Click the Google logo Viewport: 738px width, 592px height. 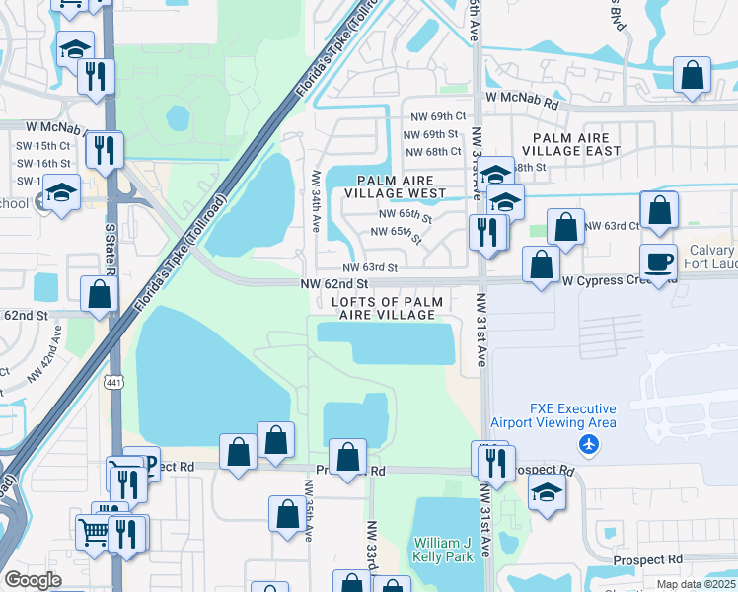pos(33,580)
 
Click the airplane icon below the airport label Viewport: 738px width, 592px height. pos(590,444)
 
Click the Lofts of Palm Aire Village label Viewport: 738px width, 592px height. pos(387,308)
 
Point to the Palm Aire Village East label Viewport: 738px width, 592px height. pos(576,145)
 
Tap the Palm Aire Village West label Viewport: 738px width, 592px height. pos(402,187)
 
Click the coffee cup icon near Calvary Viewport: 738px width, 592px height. pos(659,261)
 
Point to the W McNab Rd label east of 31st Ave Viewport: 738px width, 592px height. pos(522,102)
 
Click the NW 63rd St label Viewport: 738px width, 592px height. pos(370,267)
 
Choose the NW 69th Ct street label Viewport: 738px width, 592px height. pos(435,116)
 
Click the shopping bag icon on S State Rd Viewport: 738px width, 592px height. pos(100,294)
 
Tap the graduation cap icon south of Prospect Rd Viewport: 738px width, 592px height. pos(547,492)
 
